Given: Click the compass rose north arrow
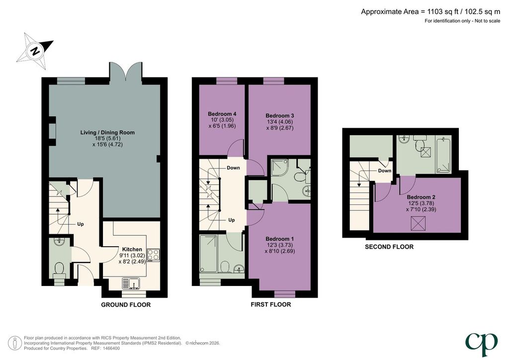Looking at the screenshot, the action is coord(36,51).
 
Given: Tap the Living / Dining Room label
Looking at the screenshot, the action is coord(107,132).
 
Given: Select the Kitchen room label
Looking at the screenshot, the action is coord(132,249).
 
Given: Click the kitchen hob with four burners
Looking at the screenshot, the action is coord(154,255).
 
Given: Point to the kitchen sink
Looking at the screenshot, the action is coord(131,283).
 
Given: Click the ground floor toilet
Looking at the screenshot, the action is coord(59,271).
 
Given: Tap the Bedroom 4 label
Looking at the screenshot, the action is coord(222,114).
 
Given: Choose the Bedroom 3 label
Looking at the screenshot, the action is coord(280,115).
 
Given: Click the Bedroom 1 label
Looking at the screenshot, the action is coord(280,239).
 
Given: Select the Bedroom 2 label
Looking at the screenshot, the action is coord(421,197).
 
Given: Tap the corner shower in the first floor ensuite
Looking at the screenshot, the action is coord(280,168).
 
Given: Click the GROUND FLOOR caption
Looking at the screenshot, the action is coord(126,305).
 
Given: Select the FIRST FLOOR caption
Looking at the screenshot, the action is coord(271,304).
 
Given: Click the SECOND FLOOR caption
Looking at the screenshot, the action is coord(389,247).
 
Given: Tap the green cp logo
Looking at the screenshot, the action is coord(481,344).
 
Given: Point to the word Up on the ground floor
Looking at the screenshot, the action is coord(81,224).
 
